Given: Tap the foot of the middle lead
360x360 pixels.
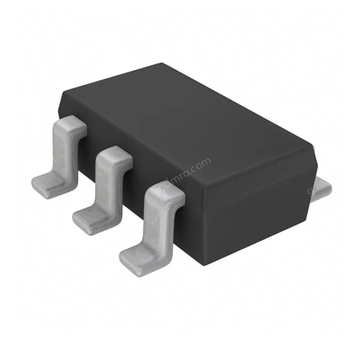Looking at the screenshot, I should click(90, 219).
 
